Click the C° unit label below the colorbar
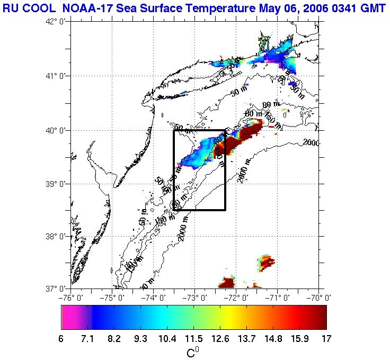coord(192,351)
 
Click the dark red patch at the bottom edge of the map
coord(227,283)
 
